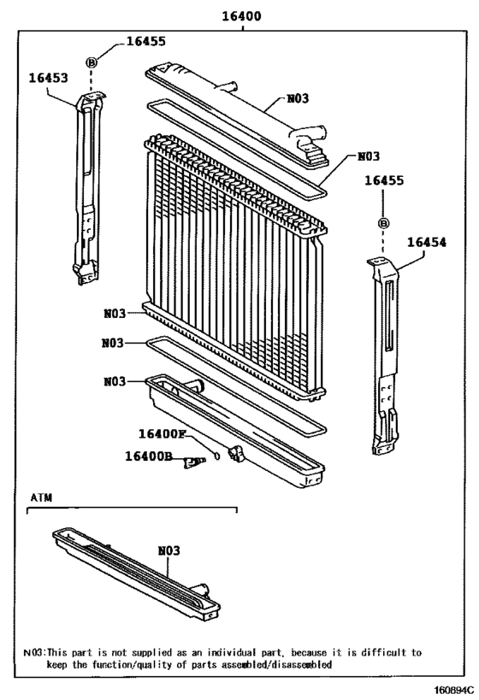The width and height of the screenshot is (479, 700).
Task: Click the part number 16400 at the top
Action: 242,16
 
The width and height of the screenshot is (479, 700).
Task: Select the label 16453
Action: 49,78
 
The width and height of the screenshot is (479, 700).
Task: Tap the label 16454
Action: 427,242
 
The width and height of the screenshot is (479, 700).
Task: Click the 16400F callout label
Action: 162,433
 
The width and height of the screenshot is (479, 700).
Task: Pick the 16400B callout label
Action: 149,456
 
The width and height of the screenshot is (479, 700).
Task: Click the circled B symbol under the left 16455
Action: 92,63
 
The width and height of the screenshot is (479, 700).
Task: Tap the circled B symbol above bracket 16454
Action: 383,223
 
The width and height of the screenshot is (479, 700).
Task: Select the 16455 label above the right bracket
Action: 384,180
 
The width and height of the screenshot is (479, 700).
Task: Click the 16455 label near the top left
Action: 146,41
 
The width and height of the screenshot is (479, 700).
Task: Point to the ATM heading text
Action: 41,497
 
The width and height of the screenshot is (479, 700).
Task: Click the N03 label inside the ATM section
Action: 169,550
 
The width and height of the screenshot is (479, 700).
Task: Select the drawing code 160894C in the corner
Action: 452,690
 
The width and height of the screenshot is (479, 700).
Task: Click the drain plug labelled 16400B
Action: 193,462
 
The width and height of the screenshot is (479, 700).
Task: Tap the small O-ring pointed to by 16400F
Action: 217,456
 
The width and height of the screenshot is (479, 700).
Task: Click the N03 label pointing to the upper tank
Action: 298,98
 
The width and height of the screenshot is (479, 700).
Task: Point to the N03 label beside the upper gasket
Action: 369,156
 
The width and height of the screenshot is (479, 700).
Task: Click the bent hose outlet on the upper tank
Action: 308,135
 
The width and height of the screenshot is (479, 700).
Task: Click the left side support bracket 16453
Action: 88,187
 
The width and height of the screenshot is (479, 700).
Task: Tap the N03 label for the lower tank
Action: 115,382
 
